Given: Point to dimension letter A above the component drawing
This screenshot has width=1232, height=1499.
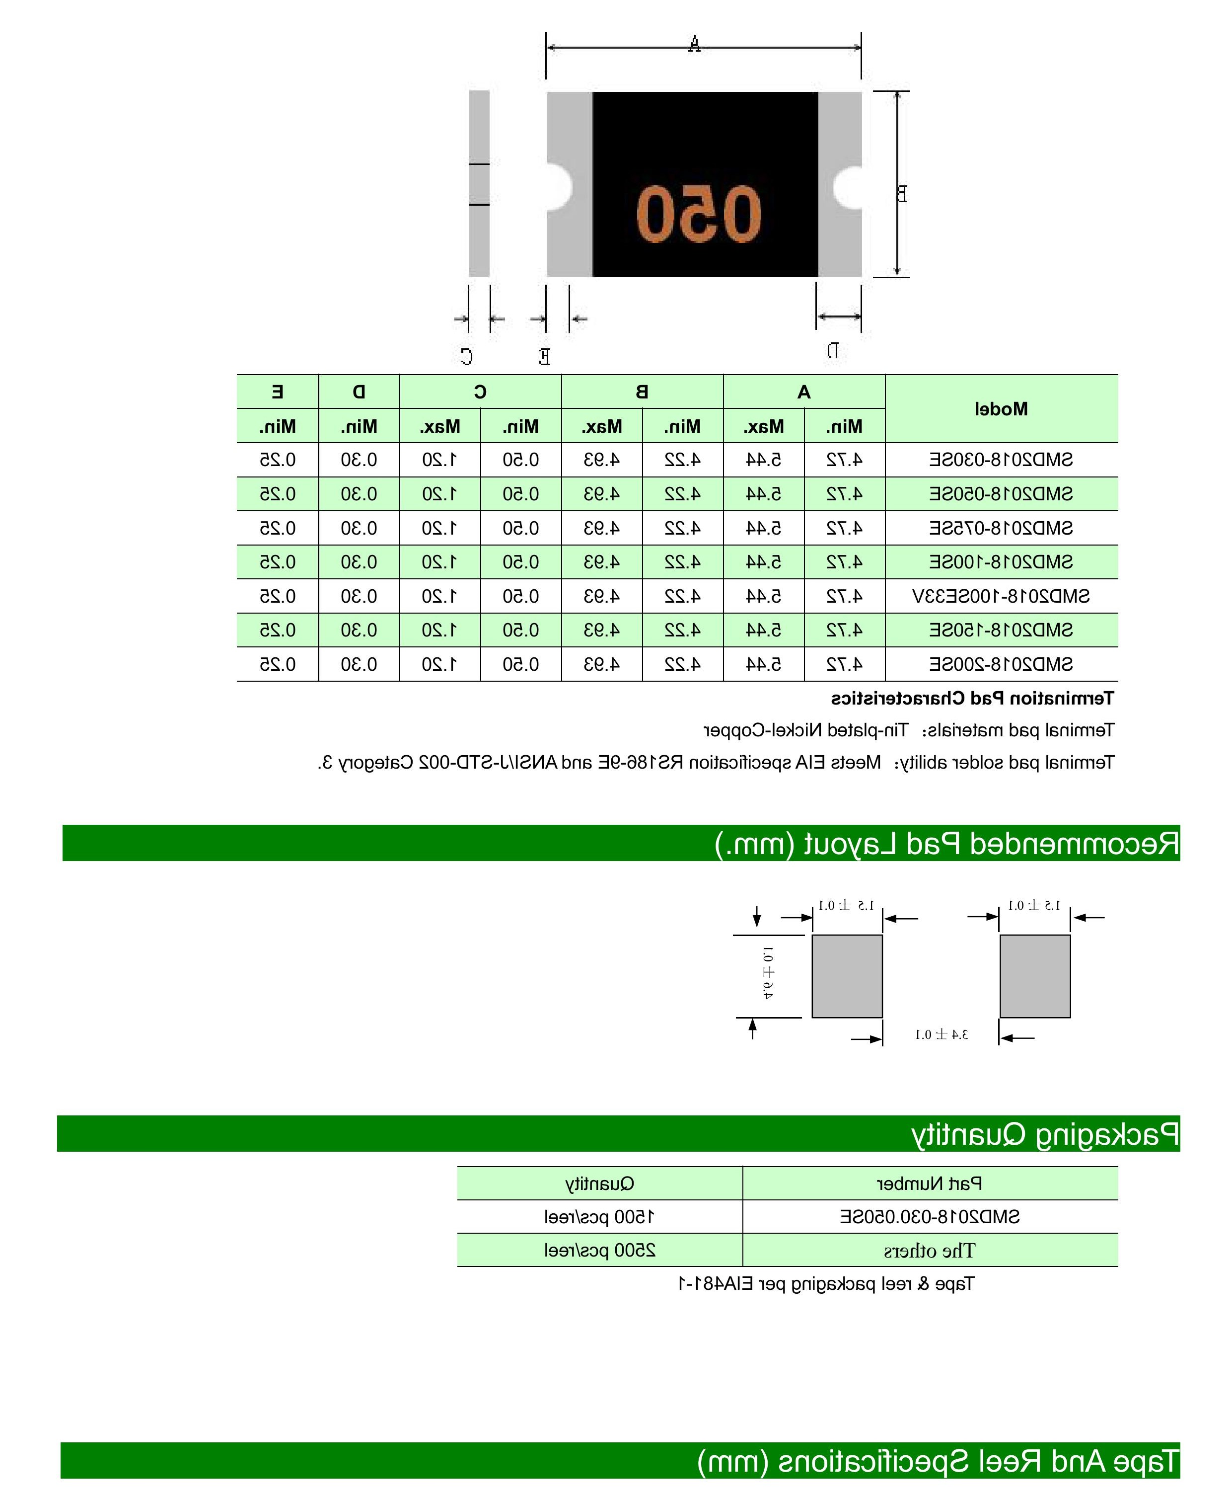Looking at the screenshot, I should click(694, 45).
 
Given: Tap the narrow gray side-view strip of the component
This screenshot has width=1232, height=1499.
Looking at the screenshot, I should click(479, 183).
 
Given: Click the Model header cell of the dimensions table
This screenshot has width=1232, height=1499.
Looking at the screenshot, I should click(1001, 409).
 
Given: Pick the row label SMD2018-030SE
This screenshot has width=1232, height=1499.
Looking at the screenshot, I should click(1001, 460).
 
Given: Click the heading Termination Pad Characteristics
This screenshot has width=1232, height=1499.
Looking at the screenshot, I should click(972, 699).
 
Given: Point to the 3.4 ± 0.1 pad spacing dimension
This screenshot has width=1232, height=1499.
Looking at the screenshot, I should click(941, 1034).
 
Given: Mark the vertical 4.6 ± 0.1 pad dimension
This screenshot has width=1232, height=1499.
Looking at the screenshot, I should click(768, 972).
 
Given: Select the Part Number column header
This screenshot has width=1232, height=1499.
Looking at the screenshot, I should click(930, 1183).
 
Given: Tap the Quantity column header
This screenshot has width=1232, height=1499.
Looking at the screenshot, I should click(600, 1183).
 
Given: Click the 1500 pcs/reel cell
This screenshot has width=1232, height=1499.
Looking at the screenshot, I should click(600, 1217).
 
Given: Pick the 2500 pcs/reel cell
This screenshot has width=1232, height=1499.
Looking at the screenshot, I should click(600, 1251).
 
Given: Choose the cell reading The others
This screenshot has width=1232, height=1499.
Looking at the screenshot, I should click(930, 1251).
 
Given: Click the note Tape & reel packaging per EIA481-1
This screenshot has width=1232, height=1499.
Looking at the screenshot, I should click(826, 1284).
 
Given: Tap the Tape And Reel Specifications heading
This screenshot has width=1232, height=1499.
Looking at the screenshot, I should click(938, 1461).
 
